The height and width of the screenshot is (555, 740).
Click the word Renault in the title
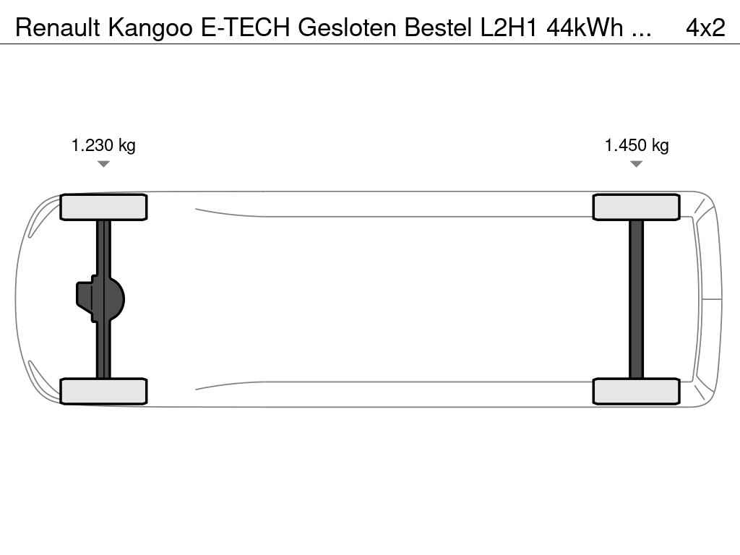[x=58, y=28]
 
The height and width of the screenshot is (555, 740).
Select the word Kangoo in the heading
[x=150, y=29]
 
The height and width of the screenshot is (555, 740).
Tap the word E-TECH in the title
[x=246, y=28]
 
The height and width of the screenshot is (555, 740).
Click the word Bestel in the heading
[x=438, y=28]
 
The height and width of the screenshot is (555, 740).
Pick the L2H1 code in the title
[x=509, y=28]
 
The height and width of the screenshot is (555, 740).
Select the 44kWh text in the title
[x=585, y=28]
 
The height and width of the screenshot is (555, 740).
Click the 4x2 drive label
[x=705, y=28]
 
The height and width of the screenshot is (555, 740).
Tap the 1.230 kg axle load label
[x=103, y=145]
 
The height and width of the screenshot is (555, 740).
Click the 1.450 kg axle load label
[x=637, y=145]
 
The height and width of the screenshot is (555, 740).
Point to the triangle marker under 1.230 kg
[x=103, y=164]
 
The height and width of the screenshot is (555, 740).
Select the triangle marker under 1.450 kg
[x=636, y=164]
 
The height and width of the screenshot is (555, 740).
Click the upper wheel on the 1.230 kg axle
[x=103, y=207]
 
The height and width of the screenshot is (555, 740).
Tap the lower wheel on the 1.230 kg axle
[x=103, y=391]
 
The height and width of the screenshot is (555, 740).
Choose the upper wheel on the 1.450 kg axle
[x=636, y=207]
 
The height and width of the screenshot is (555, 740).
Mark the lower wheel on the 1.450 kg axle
[x=636, y=391]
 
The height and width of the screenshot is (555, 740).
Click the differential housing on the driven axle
[x=100, y=299]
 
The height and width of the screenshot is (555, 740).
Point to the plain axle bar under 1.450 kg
[x=636, y=299]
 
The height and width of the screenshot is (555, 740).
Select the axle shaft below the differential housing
[x=103, y=350]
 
